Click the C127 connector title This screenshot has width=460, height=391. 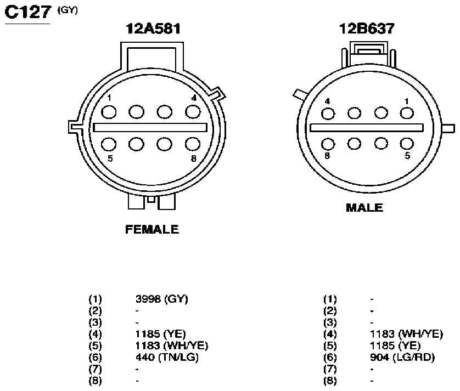(28, 12)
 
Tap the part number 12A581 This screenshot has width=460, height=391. (153, 29)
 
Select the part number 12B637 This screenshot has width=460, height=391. (367, 29)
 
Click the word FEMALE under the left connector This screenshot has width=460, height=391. (152, 229)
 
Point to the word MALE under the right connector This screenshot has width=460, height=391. (364, 208)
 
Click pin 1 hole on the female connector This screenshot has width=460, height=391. (109, 112)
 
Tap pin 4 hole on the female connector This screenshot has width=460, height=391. (193, 112)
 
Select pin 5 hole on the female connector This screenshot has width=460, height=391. (109, 144)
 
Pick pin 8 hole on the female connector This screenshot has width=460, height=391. (193, 144)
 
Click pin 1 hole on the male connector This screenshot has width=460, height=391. (407, 113)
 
